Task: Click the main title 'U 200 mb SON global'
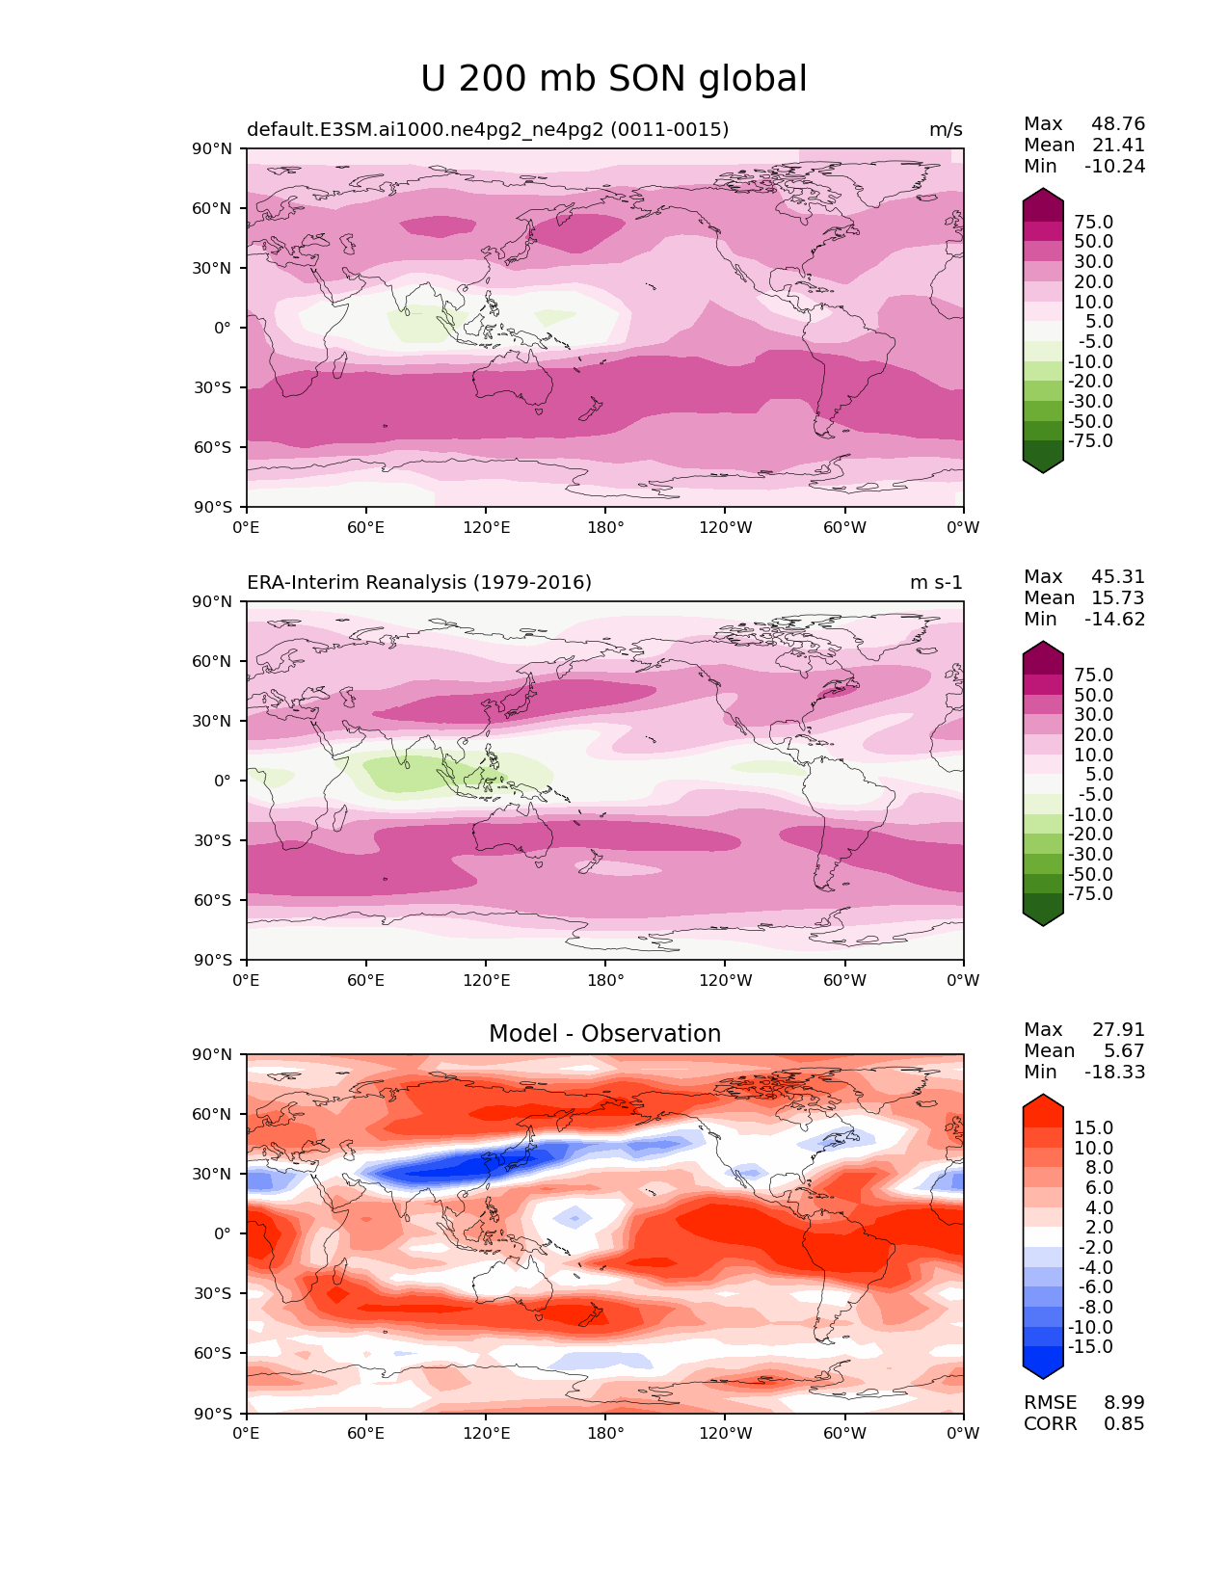tap(614, 79)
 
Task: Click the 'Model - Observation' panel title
tap(604, 1034)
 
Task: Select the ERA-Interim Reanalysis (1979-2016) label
tap(419, 583)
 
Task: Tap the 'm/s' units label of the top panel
tap(946, 130)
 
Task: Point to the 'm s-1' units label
tap(936, 583)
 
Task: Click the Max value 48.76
tap(1118, 124)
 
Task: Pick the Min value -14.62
tap(1115, 620)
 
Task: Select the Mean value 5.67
tap(1124, 1051)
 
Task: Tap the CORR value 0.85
tap(1124, 1424)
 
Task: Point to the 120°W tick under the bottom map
tap(726, 1434)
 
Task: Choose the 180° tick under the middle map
tap(605, 981)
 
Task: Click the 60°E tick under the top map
tap(366, 528)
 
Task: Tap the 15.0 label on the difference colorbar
tap(1093, 1128)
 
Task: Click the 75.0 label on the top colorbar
tap(1093, 223)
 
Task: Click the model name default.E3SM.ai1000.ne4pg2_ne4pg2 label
tap(488, 130)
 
